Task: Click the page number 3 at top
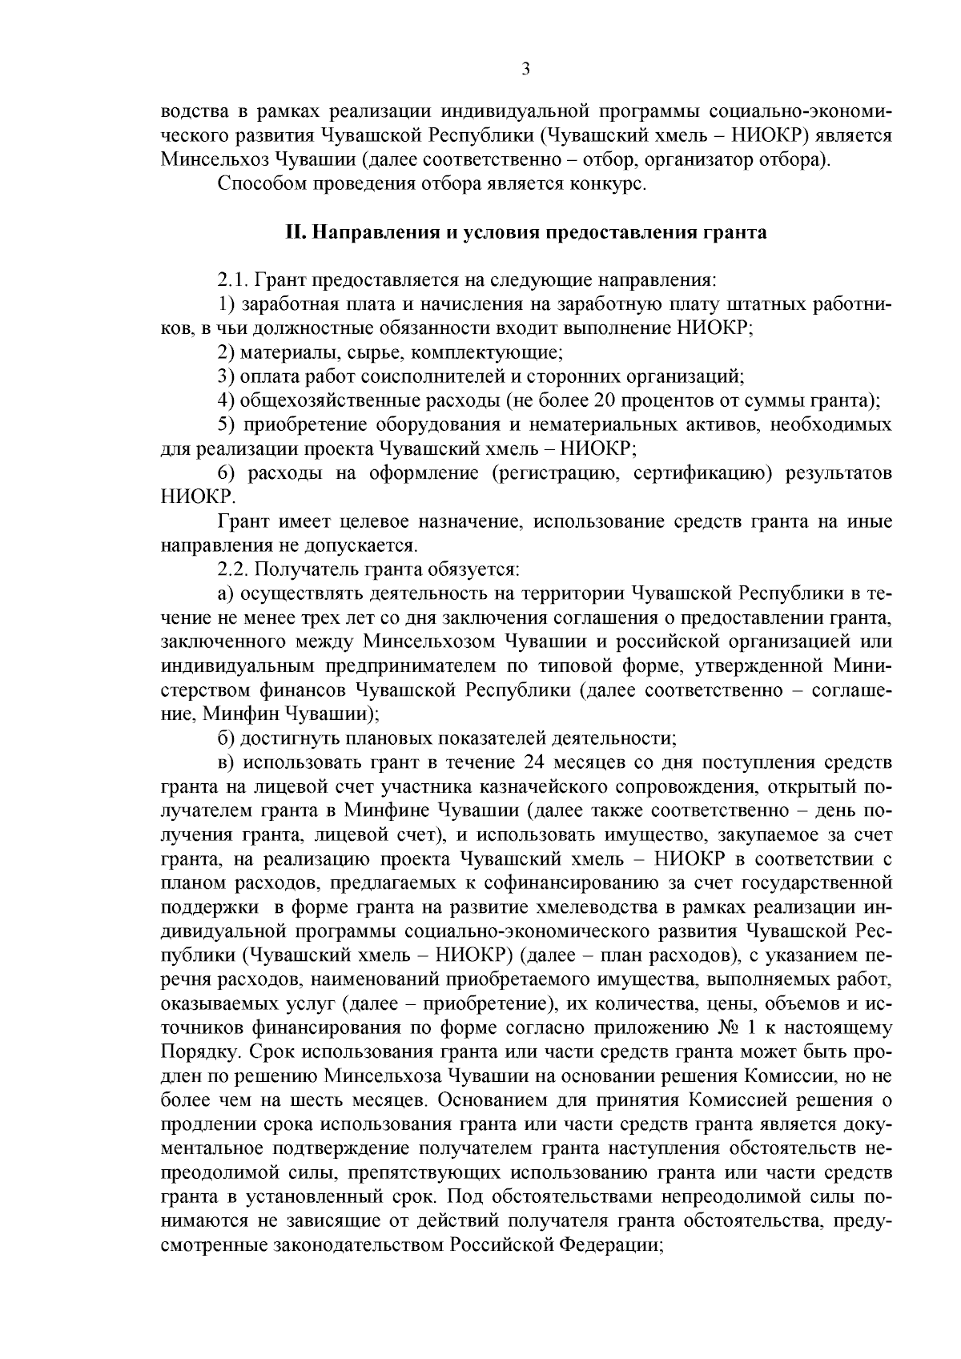tap(526, 69)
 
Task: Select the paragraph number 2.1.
tap(232, 280)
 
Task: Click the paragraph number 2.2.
tap(232, 569)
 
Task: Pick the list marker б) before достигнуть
tap(227, 738)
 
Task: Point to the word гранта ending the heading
tap(740, 233)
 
